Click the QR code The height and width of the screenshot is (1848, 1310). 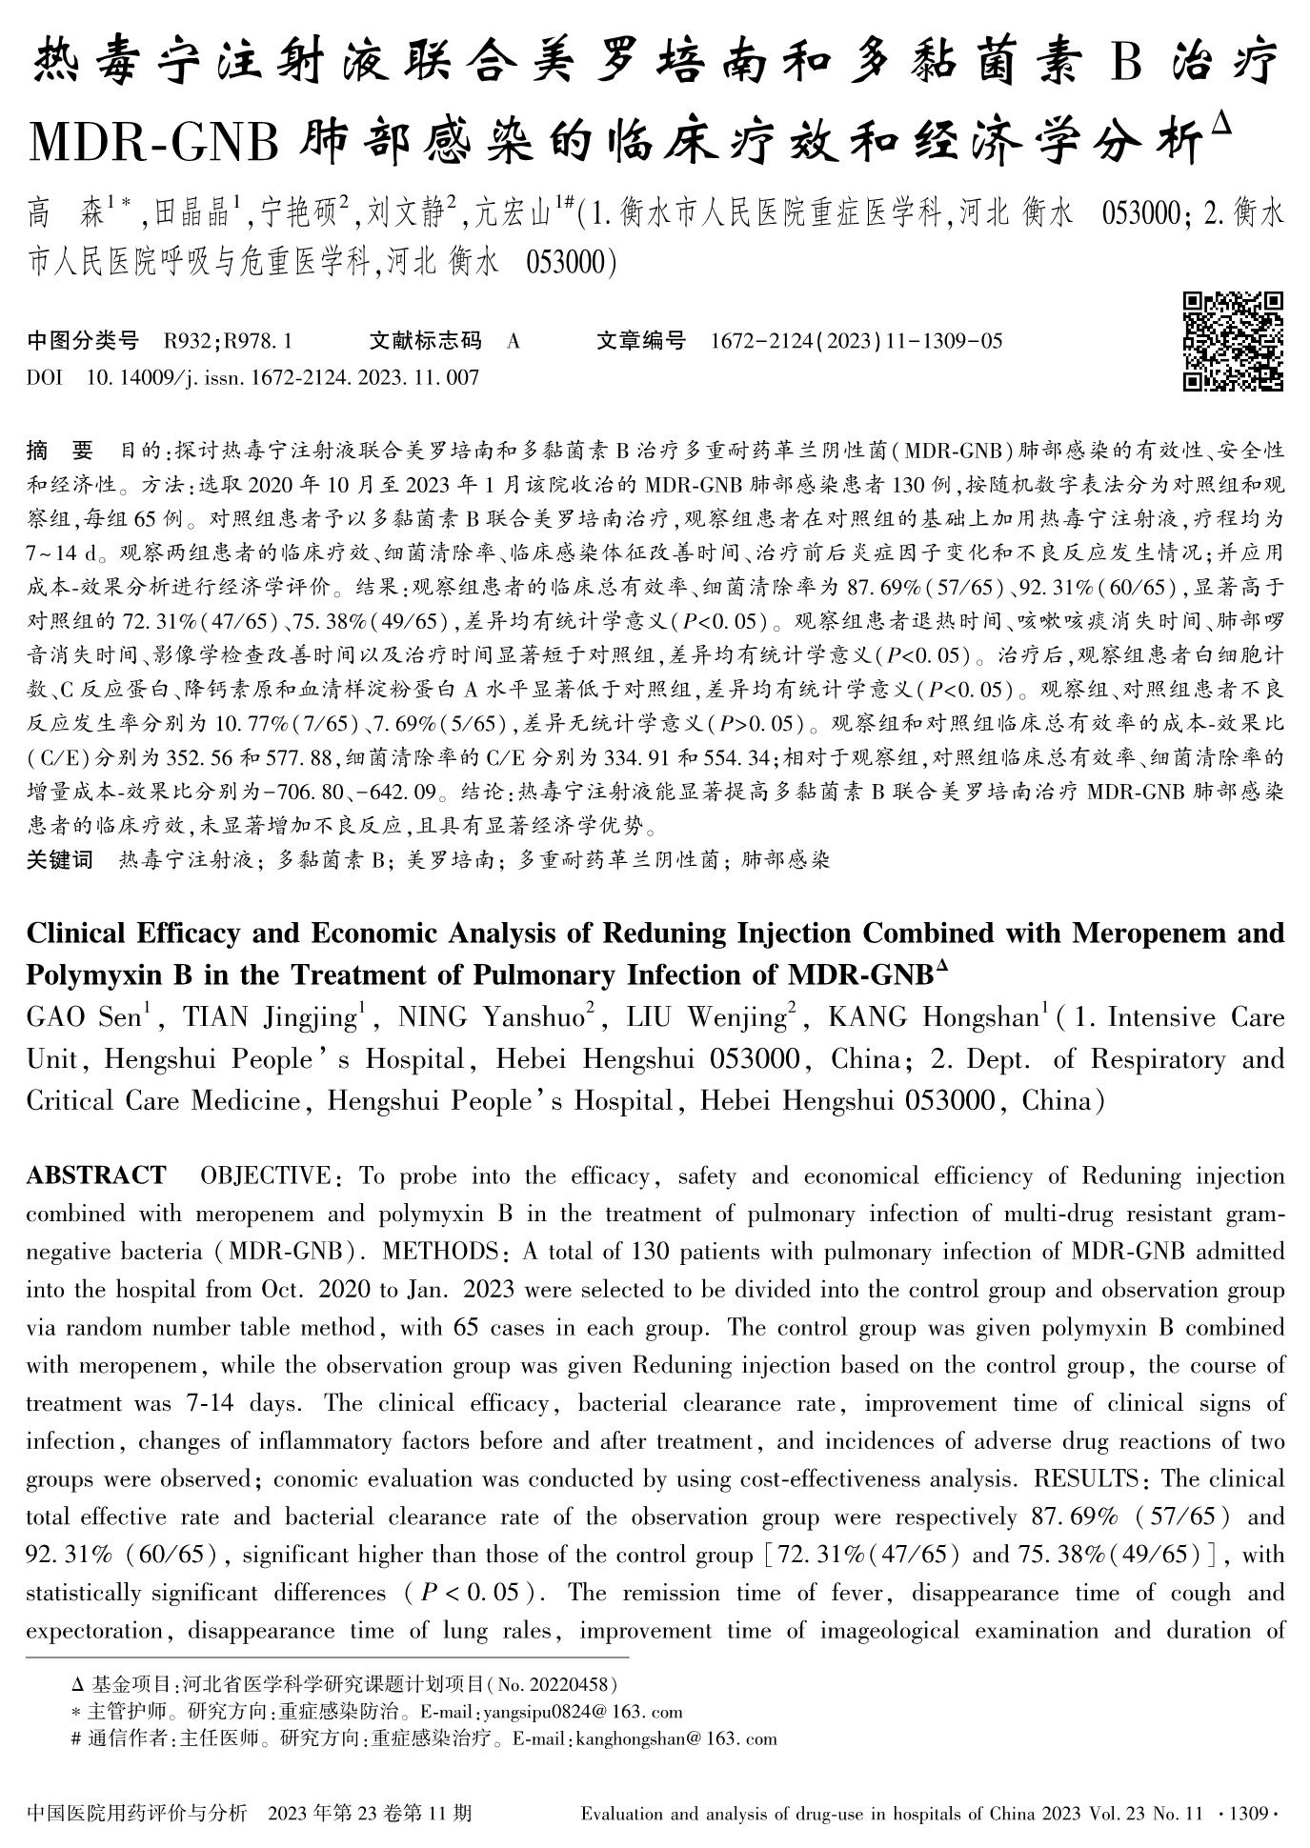click(x=1233, y=341)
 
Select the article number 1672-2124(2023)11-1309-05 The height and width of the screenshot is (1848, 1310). click(x=856, y=341)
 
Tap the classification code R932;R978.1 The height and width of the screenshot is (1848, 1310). click(x=228, y=341)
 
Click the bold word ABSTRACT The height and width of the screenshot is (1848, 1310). click(x=95, y=1175)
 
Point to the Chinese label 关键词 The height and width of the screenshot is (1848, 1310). click(x=60, y=860)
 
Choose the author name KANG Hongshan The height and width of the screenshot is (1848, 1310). click(x=932, y=1018)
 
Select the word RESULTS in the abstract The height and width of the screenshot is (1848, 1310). click(x=1089, y=1479)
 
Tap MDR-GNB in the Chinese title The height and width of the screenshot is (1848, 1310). click(x=153, y=145)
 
